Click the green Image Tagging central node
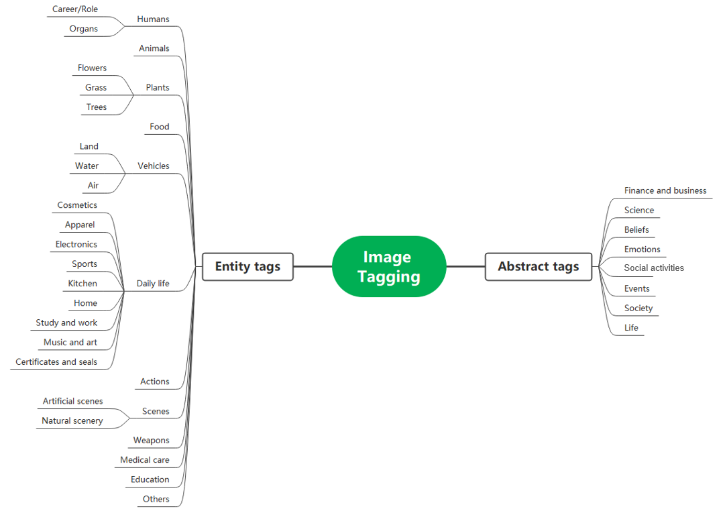[389, 266]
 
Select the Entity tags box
[247, 266]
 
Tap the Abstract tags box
[539, 266]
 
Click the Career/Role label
[75, 9]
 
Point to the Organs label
[83, 29]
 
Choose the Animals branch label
[154, 48]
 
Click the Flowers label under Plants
[92, 68]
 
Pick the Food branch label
[160, 127]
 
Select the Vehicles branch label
[154, 166]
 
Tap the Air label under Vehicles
[93, 185]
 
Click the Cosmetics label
[77, 205]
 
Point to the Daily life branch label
[152, 284]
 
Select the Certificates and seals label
[56, 362]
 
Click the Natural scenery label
[72, 420]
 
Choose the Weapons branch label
[151, 441]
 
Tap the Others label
[156, 499]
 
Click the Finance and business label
[665, 190]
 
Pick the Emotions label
[642, 249]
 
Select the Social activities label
[654, 268]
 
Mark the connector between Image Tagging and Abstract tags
[465, 266]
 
